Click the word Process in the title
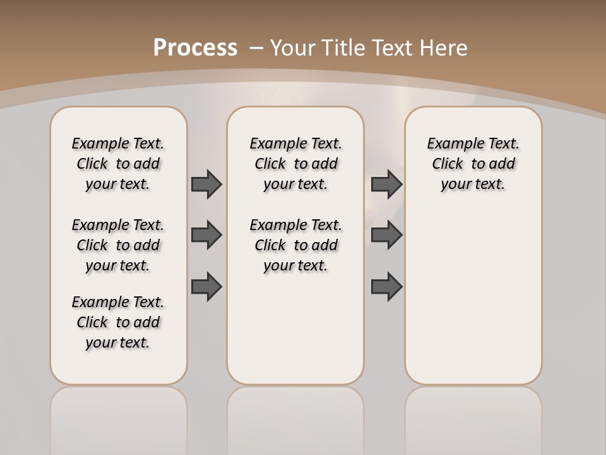point(195,47)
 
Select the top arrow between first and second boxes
point(206,184)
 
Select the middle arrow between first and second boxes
point(206,235)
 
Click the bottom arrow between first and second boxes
point(206,286)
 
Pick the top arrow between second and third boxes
point(386,184)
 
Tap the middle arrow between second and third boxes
point(386,235)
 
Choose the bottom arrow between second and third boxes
point(386,286)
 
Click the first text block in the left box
point(118,164)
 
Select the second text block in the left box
point(118,245)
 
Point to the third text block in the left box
point(118,322)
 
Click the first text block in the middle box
point(295,164)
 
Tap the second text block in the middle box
point(295,245)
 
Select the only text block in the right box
point(473,164)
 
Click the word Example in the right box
point(450,143)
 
